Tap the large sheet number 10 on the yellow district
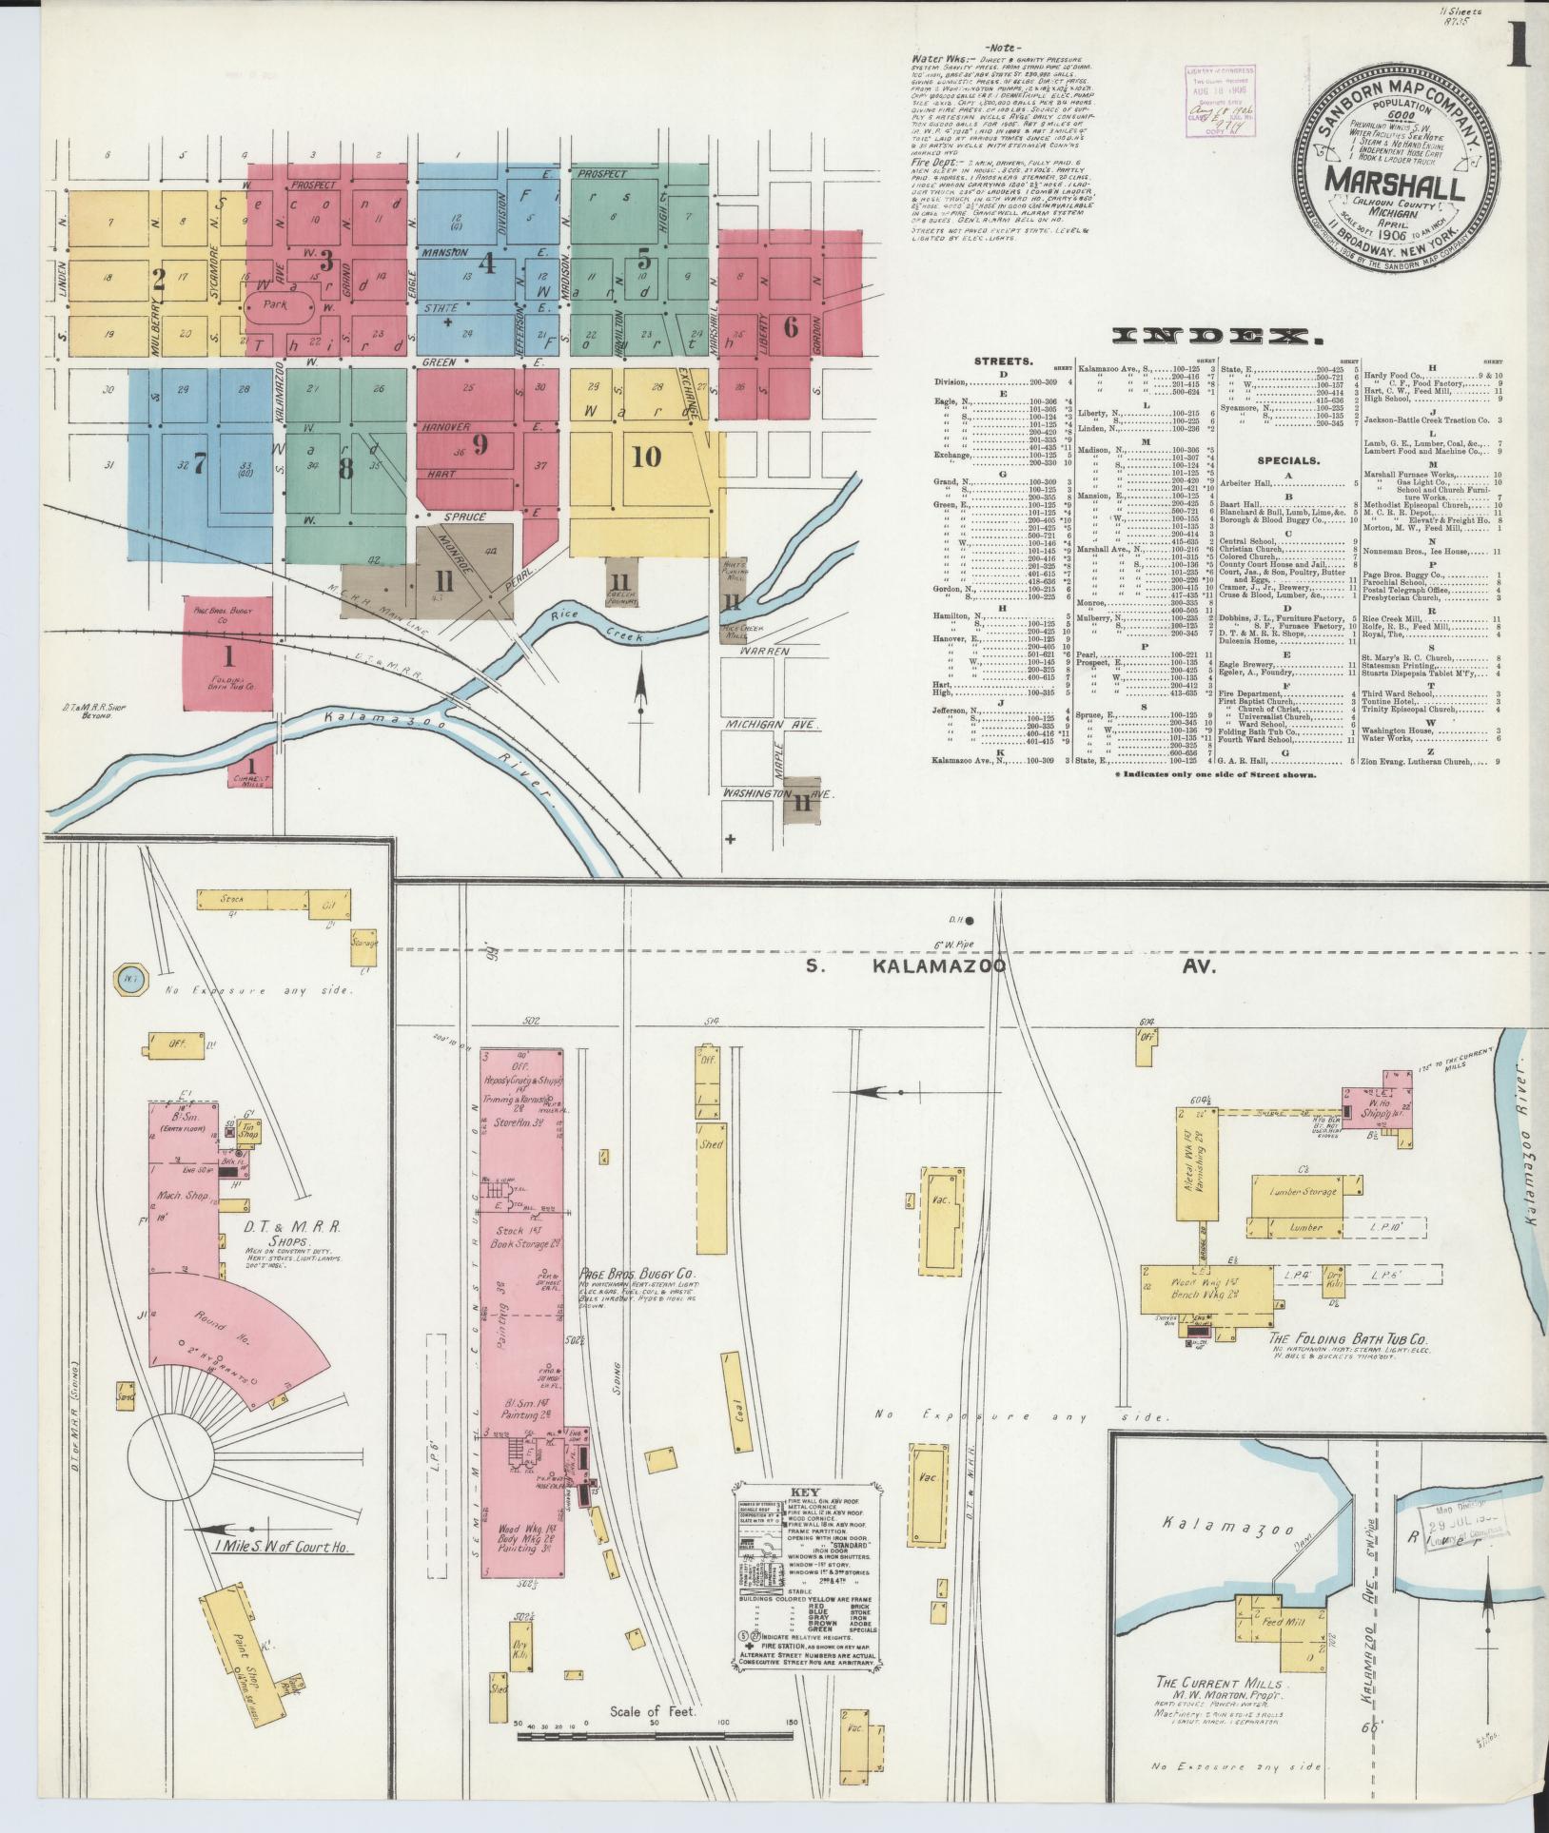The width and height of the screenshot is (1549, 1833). click(x=646, y=457)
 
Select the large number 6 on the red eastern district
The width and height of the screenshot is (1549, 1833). click(x=791, y=326)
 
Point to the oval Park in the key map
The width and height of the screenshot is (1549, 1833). click(x=281, y=309)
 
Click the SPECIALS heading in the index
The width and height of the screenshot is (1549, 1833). click(x=1289, y=459)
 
